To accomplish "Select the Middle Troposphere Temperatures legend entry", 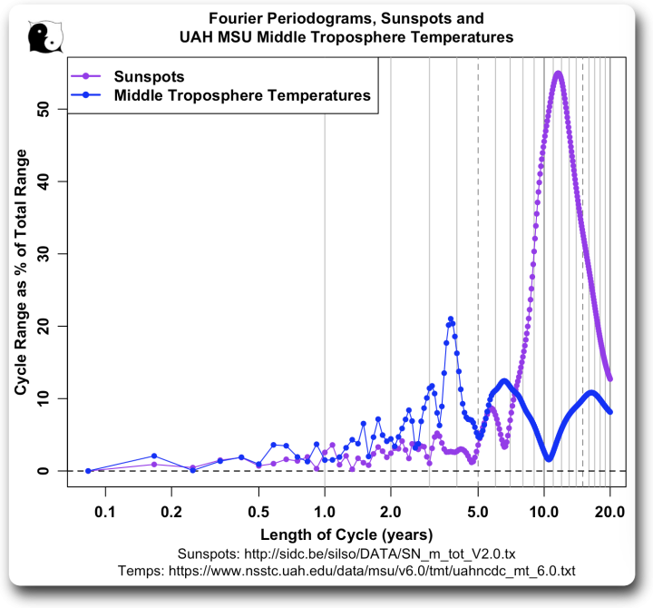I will [241, 94].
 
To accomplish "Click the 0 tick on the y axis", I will [52, 471].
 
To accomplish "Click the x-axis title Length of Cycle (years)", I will [346, 533].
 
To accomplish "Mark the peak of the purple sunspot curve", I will [558, 74].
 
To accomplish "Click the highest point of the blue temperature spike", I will [451, 319].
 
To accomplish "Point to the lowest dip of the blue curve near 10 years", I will [550, 458].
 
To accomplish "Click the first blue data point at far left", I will [88, 471].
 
